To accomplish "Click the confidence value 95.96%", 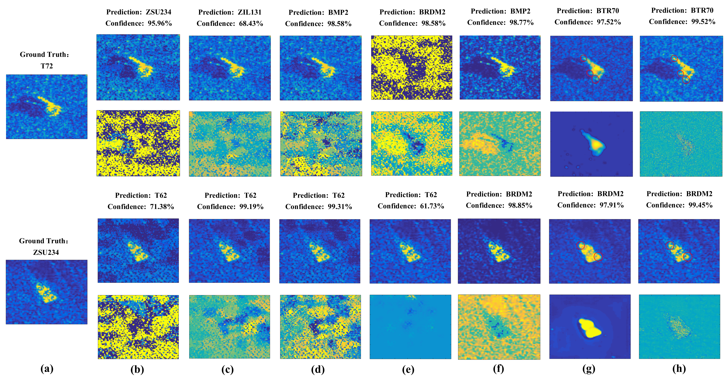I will click(160, 23).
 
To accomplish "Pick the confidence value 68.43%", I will click(251, 23).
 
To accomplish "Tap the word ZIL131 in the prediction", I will click(249, 12).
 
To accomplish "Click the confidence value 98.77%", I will click(521, 22).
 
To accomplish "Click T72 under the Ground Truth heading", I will click(47, 66).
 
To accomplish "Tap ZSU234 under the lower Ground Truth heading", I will click(46, 252).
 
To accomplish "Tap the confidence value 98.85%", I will click(520, 205).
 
